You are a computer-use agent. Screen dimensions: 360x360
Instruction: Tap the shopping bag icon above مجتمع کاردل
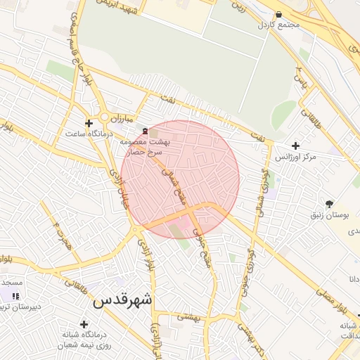click(x=279, y=14)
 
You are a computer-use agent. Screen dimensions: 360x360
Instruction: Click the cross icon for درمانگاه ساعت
click(x=89, y=123)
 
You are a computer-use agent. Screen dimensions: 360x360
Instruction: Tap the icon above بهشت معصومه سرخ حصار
click(x=145, y=131)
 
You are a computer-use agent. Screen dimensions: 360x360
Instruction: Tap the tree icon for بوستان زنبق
click(x=330, y=204)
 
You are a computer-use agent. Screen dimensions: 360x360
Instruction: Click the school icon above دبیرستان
click(x=16, y=296)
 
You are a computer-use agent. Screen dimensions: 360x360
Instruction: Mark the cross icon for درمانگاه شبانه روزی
click(x=84, y=324)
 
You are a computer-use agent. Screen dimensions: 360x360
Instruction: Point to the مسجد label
click(x=12, y=282)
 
